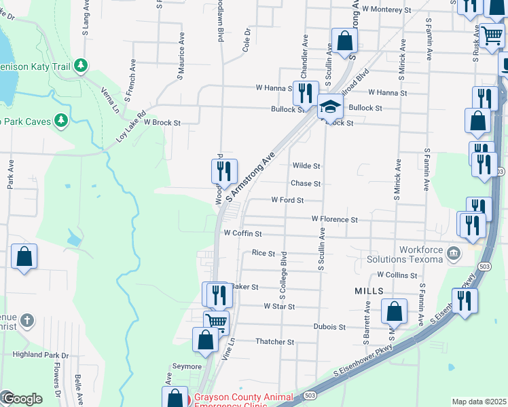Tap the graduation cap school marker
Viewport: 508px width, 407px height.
(x=330, y=106)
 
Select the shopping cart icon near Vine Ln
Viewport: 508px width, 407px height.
(x=217, y=322)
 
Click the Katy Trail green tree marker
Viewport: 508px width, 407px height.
(x=81, y=65)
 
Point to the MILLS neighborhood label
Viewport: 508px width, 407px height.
(x=369, y=290)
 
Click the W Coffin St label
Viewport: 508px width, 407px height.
(x=243, y=233)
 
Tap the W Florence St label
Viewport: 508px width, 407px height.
(x=334, y=220)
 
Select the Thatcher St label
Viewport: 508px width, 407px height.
(x=274, y=343)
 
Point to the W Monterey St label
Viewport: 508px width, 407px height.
(x=387, y=9)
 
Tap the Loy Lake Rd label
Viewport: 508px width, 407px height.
(x=132, y=126)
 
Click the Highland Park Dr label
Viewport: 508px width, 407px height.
(x=41, y=355)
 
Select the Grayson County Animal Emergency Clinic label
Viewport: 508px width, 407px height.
(x=243, y=400)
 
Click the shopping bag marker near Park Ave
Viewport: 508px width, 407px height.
(x=24, y=257)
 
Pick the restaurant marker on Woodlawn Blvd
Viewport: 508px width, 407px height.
(x=223, y=172)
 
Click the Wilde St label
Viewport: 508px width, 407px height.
(x=306, y=166)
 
